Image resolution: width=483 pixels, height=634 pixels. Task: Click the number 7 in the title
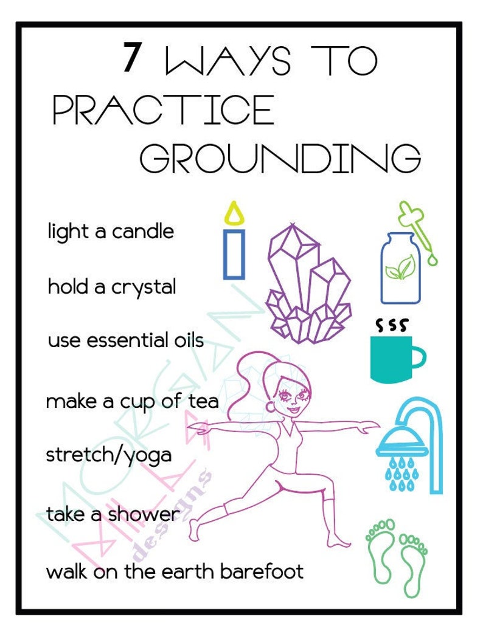coord(132,58)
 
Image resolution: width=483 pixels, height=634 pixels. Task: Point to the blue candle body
coord(234,255)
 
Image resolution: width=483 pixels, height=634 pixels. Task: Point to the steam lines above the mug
coord(391,325)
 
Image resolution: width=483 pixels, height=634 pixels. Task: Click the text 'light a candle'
coord(111,232)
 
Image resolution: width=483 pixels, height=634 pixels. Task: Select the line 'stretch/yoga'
coord(109,455)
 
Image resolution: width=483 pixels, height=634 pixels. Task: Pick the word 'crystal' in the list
coord(144,287)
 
